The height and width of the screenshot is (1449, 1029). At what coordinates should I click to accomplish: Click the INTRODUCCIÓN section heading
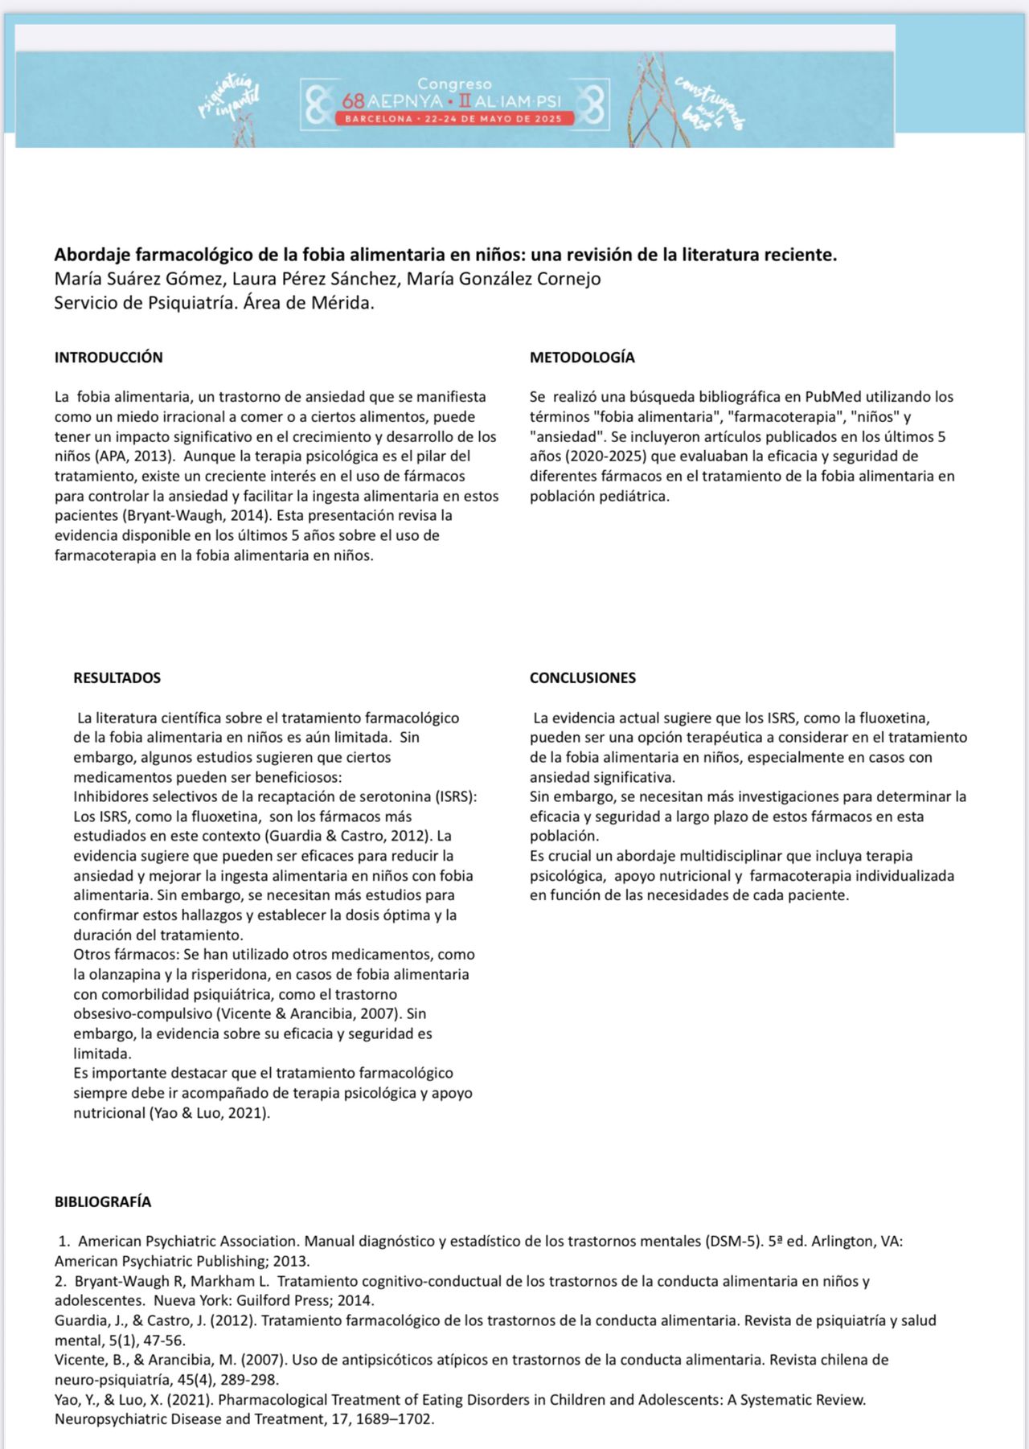click(109, 358)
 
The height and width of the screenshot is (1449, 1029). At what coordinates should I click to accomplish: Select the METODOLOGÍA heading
click(582, 358)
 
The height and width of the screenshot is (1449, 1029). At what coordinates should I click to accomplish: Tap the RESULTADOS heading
click(117, 677)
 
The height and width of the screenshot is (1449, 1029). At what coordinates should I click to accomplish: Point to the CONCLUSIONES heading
click(582, 677)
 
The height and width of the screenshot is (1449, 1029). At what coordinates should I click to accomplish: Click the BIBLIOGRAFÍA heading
click(103, 1201)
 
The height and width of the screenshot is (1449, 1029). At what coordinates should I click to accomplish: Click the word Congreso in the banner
click(454, 84)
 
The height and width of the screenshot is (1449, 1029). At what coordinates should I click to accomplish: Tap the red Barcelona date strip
click(454, 119)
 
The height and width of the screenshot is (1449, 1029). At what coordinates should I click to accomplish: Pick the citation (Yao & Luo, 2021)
click(209, 1113)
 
